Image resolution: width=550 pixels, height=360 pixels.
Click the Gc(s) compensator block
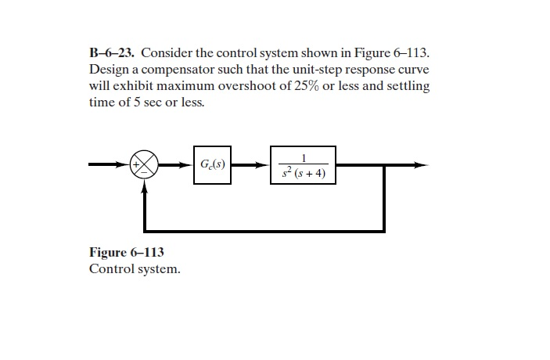[x=212, y=164]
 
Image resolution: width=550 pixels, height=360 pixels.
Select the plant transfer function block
[x=303, y=164]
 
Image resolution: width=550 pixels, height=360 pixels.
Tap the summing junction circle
[x=145, y=164]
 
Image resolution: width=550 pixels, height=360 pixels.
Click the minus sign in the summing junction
[x=145, y=173]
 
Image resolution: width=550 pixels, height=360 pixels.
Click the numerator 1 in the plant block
[x=304, y=157]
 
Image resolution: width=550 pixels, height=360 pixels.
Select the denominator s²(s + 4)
[x=304, y=172]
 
